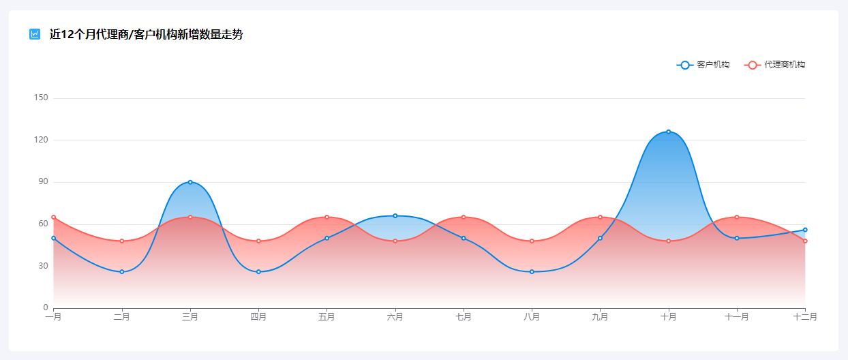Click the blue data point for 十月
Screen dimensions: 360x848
click(x=668, y=132)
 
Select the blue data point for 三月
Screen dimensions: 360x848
click(x=190, y=182)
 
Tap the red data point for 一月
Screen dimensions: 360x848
click(x=54, y=217)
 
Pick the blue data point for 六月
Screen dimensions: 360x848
click(x=395, y=215)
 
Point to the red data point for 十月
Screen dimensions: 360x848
click(x=668, y=241)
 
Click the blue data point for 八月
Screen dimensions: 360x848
click(x=532, y=271)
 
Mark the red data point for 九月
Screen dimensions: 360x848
click(x=600, y=217)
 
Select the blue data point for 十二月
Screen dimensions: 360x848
click(x=805, y=230)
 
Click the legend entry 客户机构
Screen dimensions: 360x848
click(x=703, y=65)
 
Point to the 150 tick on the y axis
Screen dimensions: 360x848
click(x=41, y=98)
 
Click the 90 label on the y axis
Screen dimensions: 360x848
click(x=43, y=182)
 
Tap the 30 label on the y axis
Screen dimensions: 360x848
click(x=43, y=266)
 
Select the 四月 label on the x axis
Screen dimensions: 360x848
click(x=258, y=317)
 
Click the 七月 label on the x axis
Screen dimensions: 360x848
click(x=464, y=317)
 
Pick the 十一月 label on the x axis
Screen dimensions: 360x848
click(x=737, y=317)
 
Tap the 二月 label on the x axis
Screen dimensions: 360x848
click(x=122, y=317)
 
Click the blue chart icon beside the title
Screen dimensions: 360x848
click(x=35, y=34)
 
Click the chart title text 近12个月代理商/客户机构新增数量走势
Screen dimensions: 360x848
click(x=146, y=34)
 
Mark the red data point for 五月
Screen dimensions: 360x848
click(x=327, y=217)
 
